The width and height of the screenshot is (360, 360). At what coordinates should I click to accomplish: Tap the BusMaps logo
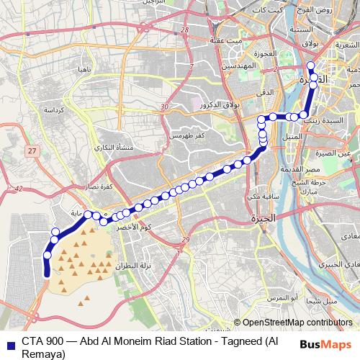pos(326,344)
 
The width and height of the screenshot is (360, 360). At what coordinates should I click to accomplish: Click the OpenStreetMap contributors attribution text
pos(297,323)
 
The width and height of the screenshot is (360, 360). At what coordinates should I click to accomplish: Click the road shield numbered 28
pos(184,30)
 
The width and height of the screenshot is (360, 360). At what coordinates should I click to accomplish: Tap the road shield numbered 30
pos(165,107)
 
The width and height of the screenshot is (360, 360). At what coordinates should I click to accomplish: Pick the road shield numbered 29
pos(185,239)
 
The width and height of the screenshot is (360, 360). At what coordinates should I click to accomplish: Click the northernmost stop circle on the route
pos(311,66)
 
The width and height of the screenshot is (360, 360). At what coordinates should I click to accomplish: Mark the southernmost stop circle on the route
pos(48,255)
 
